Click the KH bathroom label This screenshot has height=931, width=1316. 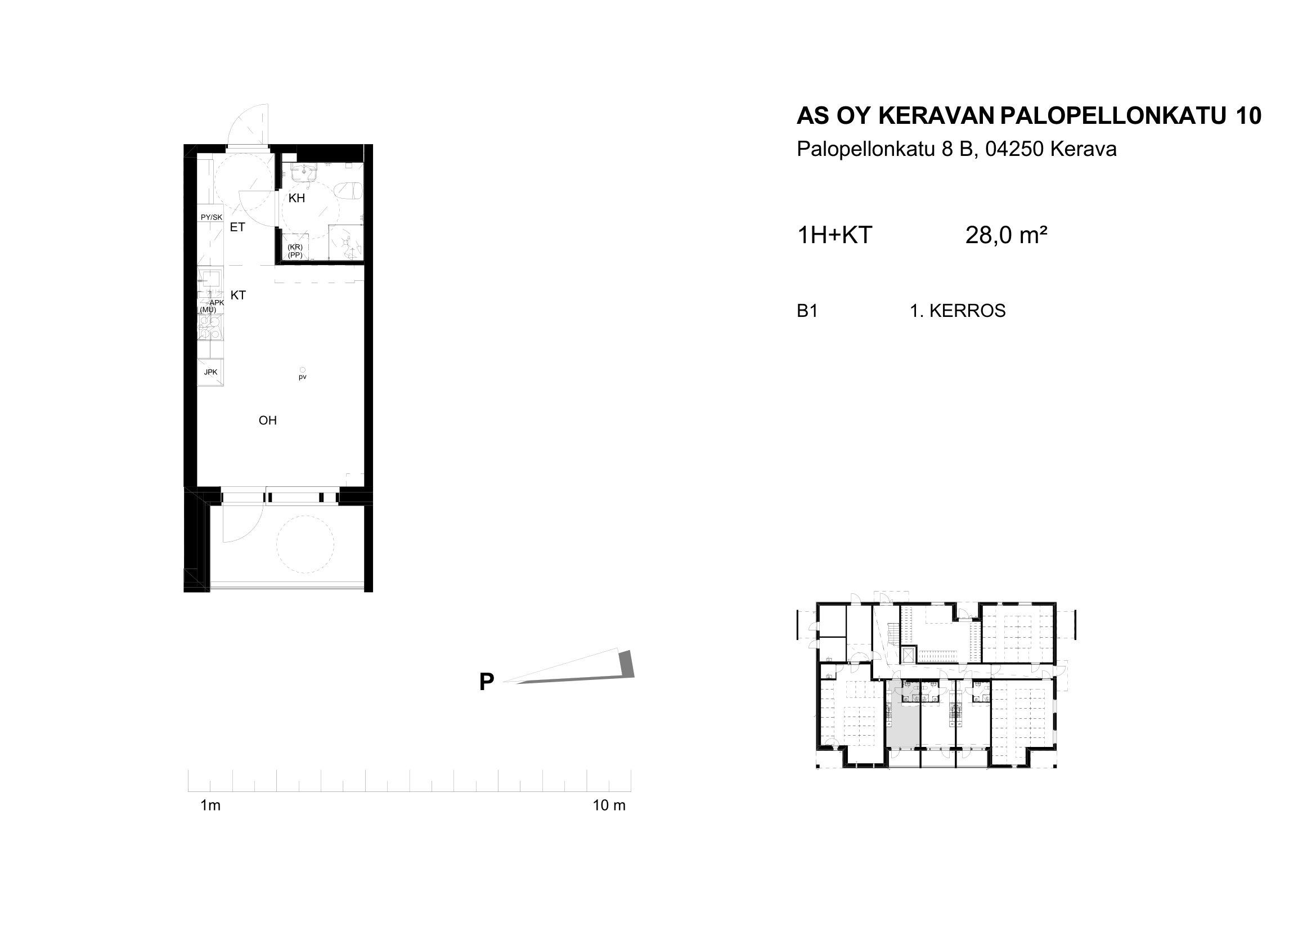[297, 198]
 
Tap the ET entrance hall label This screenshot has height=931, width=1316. [237, 227]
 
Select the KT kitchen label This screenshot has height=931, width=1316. [238, 296]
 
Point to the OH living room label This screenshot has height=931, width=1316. [268, 420]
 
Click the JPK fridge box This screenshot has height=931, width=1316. [210, 372]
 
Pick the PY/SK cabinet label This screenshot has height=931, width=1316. [212, 217]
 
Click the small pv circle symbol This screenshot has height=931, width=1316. [303, 370]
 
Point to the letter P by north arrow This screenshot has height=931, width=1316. [487, 682]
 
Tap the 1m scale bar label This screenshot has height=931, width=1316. [210, 805]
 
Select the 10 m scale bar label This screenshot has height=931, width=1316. [609, 805]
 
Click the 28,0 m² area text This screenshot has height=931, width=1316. [1007, 235]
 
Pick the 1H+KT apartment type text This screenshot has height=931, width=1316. [834, 235]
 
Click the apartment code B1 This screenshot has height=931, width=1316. [807, 311]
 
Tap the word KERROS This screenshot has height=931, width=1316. [968, 311]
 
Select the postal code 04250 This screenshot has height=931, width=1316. [1017, 150]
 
